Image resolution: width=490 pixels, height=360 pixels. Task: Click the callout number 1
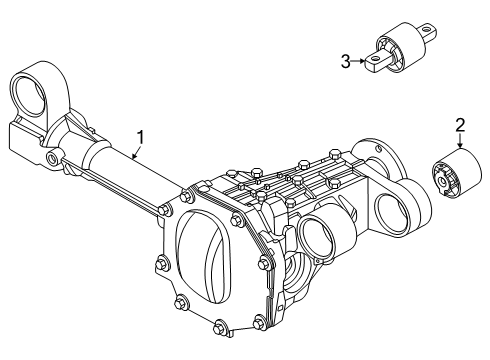pyautogui.click(x=141, y=138)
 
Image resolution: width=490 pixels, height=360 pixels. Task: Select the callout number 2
pyautogui.click(x=460, y=125)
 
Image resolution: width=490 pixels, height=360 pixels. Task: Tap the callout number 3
pyautogui.click(x=346, y=62)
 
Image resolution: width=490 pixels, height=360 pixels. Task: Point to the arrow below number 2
pyautogui.click(x=460, y=141)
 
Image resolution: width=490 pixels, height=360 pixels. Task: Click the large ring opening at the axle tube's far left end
pyautogui.click(x=29, y=96)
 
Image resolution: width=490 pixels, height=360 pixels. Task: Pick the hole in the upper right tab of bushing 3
pyautogui.click(x=426, y=29)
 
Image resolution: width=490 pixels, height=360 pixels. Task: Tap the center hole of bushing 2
pyautogui.click(x=442, y=181)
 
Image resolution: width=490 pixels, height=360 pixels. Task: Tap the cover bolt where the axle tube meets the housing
pyautogui.click(x=163, y=211)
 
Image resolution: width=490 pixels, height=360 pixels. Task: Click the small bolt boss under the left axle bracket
pyautogui.click(x=53, y=157)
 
